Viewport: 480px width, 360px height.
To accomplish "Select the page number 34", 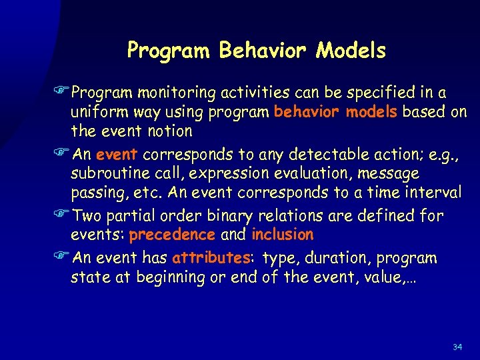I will (457, 347).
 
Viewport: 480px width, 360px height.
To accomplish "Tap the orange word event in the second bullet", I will (117, 155).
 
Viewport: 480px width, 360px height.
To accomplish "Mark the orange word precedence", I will (172, 235).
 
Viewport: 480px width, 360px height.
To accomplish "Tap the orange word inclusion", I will (282, 235).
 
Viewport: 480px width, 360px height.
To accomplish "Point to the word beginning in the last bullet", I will (169, 277).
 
